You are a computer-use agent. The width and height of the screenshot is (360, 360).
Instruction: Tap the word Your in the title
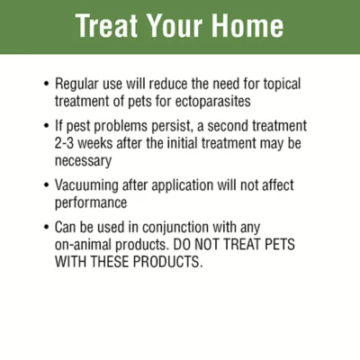click(170, 26)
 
